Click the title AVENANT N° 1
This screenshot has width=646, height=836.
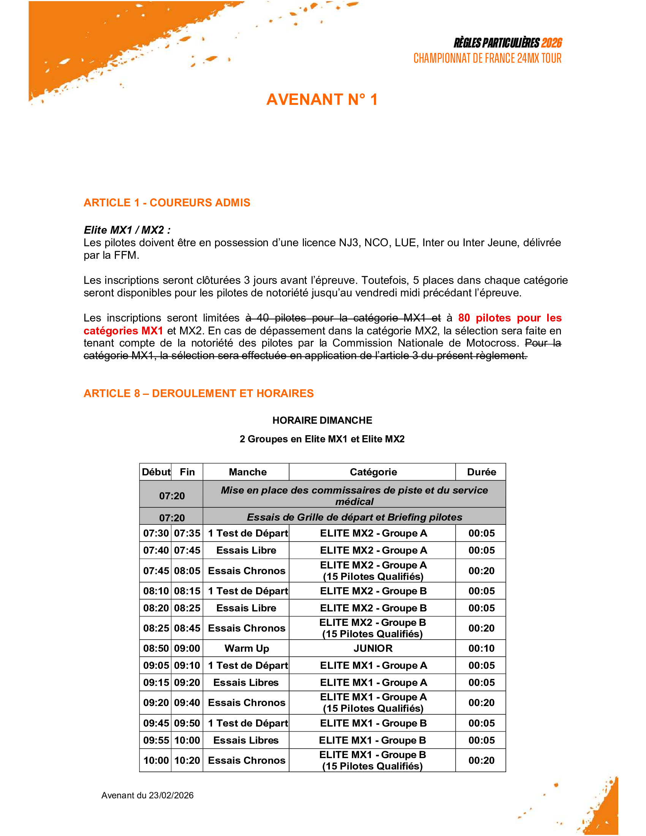click(x=322, y=100)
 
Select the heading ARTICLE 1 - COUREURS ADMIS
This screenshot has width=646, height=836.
click(x=167, y=203)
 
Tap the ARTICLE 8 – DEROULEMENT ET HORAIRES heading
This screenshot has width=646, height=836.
click(x=199, y=393)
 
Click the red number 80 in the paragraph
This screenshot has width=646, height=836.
click(x=464, y=318)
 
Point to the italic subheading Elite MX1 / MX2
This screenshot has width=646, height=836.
click(x=127, y=230)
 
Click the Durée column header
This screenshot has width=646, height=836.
click(x=481, y=472)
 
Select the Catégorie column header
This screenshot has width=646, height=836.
click(x=373, y=472)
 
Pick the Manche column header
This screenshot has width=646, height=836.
click(x=248, y=472)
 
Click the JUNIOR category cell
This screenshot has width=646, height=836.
click(x=373, y=648)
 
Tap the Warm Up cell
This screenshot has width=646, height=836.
click(x=247, y=648)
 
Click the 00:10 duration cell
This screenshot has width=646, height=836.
click(x=481, y=648)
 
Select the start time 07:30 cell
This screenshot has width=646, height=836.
click(x=156, y=533)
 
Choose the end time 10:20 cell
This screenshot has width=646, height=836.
click(x=187, y=760)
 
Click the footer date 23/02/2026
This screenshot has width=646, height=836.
click(x=171, y=795)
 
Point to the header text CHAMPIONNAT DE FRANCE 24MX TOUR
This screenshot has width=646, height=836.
click(x=487, y=59)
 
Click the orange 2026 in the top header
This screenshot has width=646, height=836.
click(x=552, y=43)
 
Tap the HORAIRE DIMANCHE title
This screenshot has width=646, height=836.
click(x=322, y=420)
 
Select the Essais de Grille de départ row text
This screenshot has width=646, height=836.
click(x=355, y=517)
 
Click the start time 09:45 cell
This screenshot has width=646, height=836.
click(x=156, y=723)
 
